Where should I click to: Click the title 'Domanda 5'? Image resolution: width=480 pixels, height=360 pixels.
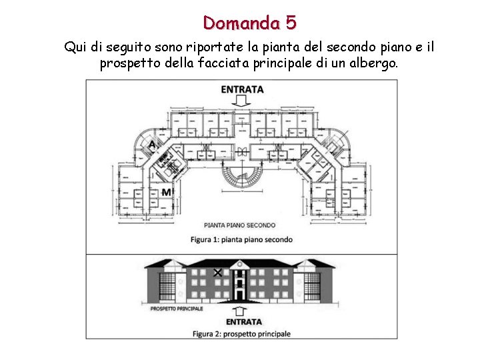tap(250, 23)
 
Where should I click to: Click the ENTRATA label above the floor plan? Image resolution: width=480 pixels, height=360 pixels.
tap(242, 89)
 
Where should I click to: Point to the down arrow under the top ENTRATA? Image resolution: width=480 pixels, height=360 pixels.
tap(242, 101)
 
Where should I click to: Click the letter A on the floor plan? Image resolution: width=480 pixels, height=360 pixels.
tap(153, 144)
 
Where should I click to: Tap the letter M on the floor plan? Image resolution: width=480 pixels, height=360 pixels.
tap(166, 192)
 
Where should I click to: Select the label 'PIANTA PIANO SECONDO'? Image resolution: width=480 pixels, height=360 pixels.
tap(239, 225)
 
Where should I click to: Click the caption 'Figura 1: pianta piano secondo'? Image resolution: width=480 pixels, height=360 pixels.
tap(241, 239)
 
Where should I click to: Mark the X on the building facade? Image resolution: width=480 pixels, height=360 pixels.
tap(217, 273)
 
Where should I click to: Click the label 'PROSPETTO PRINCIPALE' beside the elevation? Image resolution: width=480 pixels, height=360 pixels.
tap(177, 309)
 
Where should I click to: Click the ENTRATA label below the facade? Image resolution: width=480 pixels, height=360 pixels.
tap(243, 322)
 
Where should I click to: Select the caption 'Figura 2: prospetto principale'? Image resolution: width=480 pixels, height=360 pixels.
tap(241, 333)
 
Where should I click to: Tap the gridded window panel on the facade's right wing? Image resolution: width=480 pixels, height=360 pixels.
tap(312, 286)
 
